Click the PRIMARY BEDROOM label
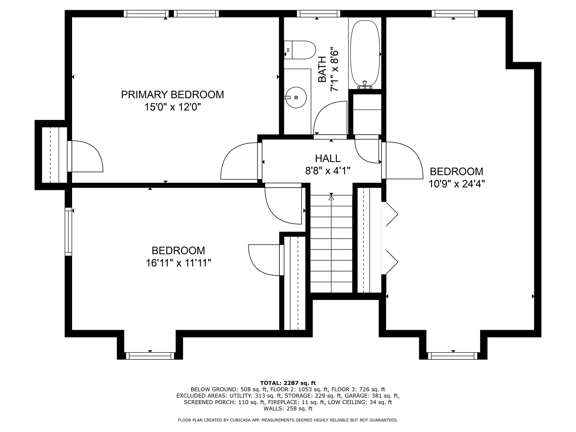pyautogui.click(x=172, y=94)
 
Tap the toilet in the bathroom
pyautogui.click(x=300, y=50)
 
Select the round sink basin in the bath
pyautogui.click(x=296, y=97)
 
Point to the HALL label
pyautogui.click(x=328, y=158)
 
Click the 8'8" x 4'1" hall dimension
pyautogui.click(x=328, y=171)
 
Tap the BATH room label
pyautogui.click(x=322, y=69)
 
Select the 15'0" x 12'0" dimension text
pyautogui.click(x=172, y=107)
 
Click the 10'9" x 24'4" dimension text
pyautogui.click(x=457, y=184)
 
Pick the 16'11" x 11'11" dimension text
pyautogui.click(x=178, y=263)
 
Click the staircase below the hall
pyautogui.click(x=331, y=244)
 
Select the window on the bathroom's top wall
pyautogui.click(x=319, y=13)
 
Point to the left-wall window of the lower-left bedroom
pyautogui.click(x=69, y=231)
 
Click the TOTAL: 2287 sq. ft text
pyautogui.click(x=288, y=383)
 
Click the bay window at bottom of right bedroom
pyautogui.click(x=453, y=356)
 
